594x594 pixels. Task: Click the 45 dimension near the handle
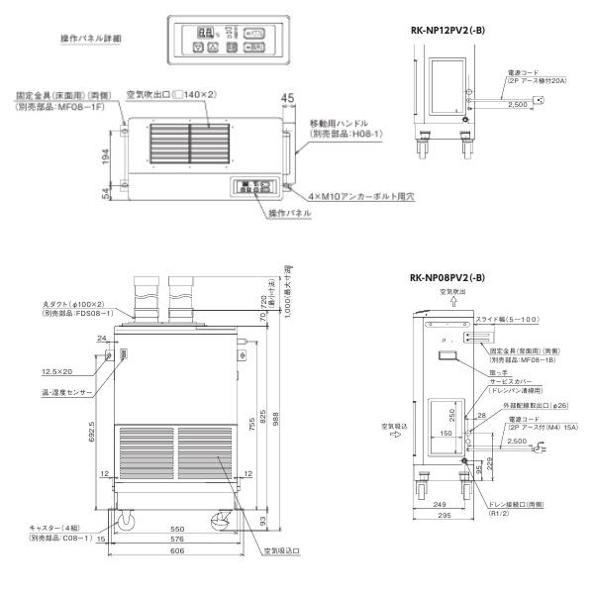288,97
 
